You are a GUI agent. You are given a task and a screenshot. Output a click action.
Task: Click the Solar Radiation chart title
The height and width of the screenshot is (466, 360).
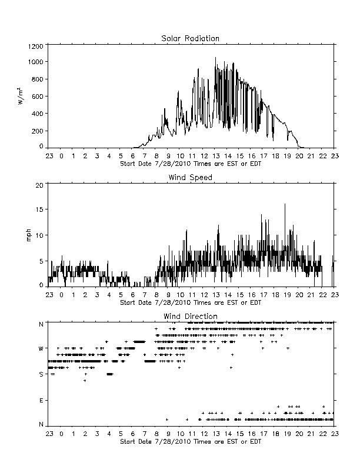coord(190,38)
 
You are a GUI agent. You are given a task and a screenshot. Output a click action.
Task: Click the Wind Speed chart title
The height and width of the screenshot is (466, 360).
coord(190,178)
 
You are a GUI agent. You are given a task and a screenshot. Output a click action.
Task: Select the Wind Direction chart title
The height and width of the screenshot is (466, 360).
coord(191,316)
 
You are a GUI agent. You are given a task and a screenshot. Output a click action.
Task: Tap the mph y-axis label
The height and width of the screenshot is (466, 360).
coord(28,235)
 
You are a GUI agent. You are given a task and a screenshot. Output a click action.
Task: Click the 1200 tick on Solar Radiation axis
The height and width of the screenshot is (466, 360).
coord(36,46)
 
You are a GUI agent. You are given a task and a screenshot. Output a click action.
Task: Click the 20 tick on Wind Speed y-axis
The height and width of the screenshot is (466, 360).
coord(39,185)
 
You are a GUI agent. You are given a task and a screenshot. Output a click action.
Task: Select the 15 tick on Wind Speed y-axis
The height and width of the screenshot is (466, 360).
coord(39,209)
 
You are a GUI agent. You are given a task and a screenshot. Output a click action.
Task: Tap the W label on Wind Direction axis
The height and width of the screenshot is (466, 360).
coord(41,348)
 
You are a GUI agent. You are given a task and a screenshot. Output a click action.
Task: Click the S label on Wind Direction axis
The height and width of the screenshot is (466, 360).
coord(41,374)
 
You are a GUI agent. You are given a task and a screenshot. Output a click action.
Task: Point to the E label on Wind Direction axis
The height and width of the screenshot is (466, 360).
coord(41,400)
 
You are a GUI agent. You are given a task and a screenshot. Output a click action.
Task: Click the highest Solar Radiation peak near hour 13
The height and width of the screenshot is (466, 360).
coord(216,58)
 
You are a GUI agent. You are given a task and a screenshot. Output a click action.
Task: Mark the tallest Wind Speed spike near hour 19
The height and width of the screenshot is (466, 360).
coord(285,204)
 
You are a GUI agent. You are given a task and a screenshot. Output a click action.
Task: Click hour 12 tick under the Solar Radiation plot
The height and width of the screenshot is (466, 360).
coord(204,156)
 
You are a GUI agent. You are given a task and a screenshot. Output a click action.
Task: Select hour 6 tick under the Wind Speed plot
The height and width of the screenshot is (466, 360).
coord(133,295)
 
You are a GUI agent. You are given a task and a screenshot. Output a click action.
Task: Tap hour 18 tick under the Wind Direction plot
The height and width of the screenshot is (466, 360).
coord(275,434)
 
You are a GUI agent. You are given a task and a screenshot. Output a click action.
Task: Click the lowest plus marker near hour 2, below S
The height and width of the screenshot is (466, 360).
coord(85,381)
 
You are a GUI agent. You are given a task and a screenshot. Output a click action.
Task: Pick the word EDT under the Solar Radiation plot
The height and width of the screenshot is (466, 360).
coord(256,164)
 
